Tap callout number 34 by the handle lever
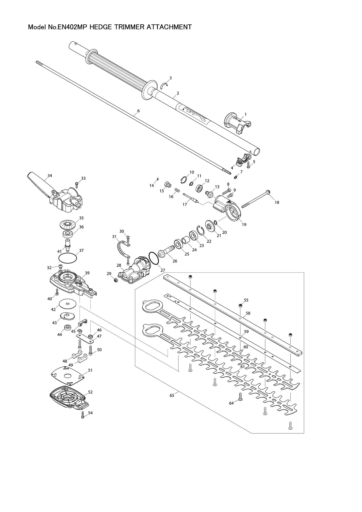50,176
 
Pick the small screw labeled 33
77,185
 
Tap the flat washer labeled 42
68,304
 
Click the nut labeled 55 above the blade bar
240,306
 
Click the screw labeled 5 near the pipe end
248,165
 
